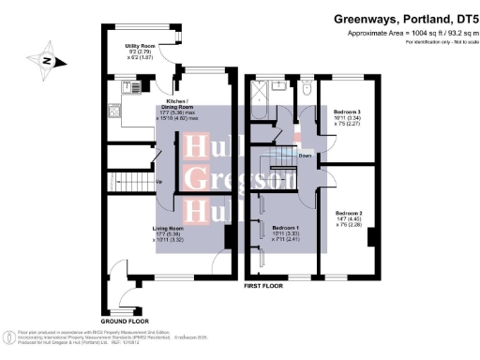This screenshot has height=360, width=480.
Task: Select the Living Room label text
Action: pyautogui.click(x=169, y=227)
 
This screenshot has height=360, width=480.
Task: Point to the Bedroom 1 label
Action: pyautogui.click(x=285, y=228)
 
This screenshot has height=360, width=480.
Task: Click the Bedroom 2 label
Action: pyautogui.click(x=348, y=213)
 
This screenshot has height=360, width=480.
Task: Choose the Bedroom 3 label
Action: pyautogui.click(x=347, y=112)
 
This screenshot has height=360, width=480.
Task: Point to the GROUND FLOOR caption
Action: pyautogui.click(x=125, y=321)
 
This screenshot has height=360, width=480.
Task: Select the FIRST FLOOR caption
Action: pyautogui.click(x=263, y=284)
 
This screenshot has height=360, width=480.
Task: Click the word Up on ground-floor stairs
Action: pyautogui.click(x=157, y=182)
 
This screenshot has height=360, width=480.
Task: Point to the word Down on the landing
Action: pyautogui.click(x=306, y=155)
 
